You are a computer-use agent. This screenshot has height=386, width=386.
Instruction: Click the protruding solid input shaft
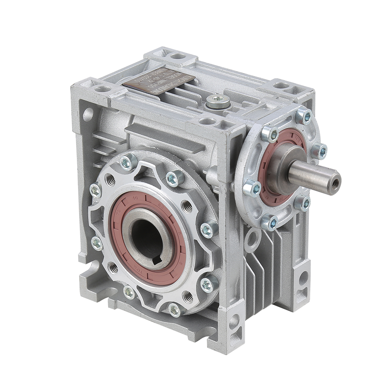pos(313,176)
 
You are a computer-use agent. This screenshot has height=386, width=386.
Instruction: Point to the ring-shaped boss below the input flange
pos(252,237)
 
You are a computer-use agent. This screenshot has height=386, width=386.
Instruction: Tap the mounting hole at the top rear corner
pos(178,56)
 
